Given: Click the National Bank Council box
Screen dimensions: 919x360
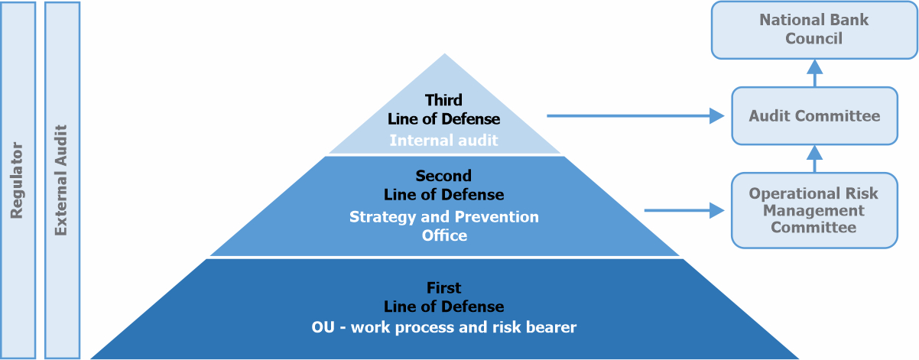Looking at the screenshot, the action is click(814, 30).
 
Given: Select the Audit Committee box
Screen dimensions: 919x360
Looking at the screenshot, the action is click(814, 116).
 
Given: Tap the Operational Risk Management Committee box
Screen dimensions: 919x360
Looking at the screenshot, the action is click(814, 210).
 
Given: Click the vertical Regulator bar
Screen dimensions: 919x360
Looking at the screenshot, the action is click(18, 180).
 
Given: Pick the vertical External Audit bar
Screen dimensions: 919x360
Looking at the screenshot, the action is click(62, 180).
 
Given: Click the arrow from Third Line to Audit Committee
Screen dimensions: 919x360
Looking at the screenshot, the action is click(635, 116).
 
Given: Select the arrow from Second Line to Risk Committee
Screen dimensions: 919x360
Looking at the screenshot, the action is click(684, 210).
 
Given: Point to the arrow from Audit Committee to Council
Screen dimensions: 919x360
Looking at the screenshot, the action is click(815, 73).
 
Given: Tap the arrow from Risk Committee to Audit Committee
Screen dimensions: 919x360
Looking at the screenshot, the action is click(815, 159).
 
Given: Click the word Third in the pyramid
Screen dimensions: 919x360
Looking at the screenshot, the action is click(443, 100).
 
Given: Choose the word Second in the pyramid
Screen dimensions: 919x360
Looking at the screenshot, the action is click(443, 176).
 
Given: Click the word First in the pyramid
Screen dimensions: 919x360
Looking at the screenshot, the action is click(443, 288).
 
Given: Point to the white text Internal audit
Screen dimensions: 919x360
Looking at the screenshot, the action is click(443, 141).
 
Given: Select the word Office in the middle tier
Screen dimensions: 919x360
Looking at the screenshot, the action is click(444, 235).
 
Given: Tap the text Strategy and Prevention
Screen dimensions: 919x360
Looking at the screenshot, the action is click(444, 217).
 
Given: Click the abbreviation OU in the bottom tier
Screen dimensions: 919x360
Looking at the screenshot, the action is click(323, 327).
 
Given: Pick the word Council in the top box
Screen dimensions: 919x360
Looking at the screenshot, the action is click(814, 38).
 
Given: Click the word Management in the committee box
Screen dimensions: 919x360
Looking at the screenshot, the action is click(813, 211).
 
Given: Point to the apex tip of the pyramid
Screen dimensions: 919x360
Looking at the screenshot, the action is click(445, 54).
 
